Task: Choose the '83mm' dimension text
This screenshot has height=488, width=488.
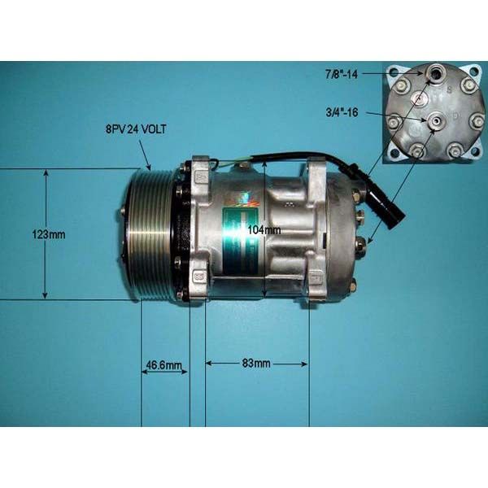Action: [x=256, y=364]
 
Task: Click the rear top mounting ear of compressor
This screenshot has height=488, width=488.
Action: [x=316, y=168]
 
